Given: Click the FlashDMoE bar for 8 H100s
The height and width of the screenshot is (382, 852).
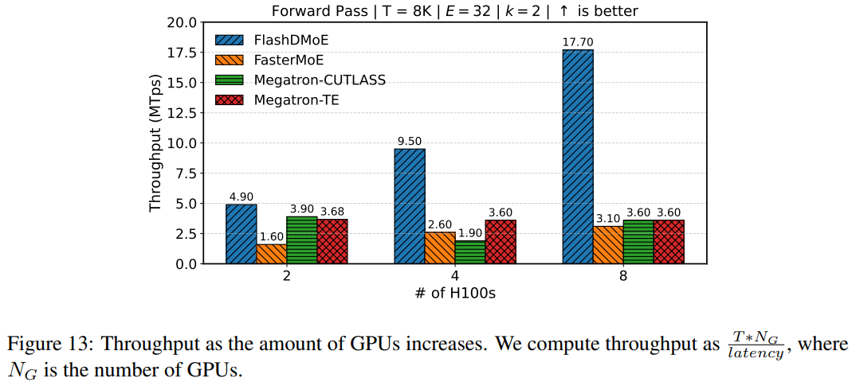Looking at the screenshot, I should (x=578, y=157).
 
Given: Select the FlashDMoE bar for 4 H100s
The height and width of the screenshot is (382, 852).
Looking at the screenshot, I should (x=410, y=206).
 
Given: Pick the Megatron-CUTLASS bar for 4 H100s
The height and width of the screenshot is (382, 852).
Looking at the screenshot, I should (x=470, y=252).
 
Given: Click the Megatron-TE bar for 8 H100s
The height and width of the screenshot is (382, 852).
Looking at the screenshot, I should (x=669, y=242).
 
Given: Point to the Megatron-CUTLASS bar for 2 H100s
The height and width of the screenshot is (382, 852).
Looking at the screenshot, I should (x=302, y=240).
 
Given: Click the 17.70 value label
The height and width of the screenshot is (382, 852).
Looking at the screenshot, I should (x=578, y=42).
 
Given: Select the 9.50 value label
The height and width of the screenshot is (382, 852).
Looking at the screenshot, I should (x=410, y=142).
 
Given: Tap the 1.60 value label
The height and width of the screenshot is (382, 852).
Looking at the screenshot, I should (x=271, y=237).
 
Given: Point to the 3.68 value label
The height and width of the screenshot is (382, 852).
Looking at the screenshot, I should (x=332, y=212).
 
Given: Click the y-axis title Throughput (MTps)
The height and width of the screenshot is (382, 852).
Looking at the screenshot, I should (x=155, y=143).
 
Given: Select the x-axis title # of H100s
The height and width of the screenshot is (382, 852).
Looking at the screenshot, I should (x=455, y=293).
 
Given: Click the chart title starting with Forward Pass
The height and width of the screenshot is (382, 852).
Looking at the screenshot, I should (x=454, y=10).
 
